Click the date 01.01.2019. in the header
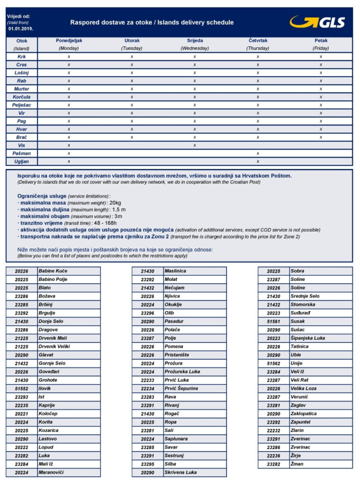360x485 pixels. point(20,29)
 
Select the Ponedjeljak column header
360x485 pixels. point(69,41)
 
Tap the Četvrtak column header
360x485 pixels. point(258,41)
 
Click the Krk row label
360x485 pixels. point(22,56)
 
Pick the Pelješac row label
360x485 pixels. point(22,105)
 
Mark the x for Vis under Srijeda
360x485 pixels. point(195,145)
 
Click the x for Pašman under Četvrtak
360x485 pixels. point(258,153)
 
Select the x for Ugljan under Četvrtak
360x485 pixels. point(258,162)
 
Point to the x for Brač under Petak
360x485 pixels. point(321,137)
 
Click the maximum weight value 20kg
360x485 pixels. point(115,203)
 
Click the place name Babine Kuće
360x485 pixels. point(53,271)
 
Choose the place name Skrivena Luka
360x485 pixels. point(180,472)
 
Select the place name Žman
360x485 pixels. point(297,464)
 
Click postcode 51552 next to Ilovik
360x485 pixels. point(22,388)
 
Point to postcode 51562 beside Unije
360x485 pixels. point(274,363)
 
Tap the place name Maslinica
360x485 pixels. point(175,271)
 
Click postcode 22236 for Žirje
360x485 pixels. point(274,456)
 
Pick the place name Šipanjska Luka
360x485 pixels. point(308,338)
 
